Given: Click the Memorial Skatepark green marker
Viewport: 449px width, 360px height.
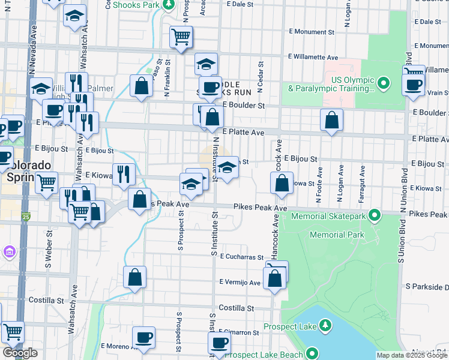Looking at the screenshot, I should coord(375,214).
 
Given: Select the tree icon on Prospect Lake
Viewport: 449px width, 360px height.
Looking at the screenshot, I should coord(325,325).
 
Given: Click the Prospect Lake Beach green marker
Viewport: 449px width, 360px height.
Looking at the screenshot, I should coord(312,354).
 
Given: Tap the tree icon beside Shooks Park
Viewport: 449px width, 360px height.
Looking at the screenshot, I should coord(169,4).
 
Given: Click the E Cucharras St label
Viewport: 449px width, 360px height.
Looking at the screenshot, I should coord(241,256).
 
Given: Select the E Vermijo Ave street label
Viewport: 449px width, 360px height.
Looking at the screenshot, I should coord(240,282).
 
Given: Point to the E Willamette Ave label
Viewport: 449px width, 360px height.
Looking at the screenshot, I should coord(313,58).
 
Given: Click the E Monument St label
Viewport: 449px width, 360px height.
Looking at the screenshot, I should coord(311,32).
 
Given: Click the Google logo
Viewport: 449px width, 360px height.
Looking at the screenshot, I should coord(20,353).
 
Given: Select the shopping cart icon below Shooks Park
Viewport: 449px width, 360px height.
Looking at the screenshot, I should coord(181,37).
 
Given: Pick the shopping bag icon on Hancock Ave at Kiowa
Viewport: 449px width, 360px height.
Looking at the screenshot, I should coord(282,182).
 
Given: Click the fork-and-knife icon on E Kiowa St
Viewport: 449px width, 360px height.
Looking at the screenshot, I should coord(123,174).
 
